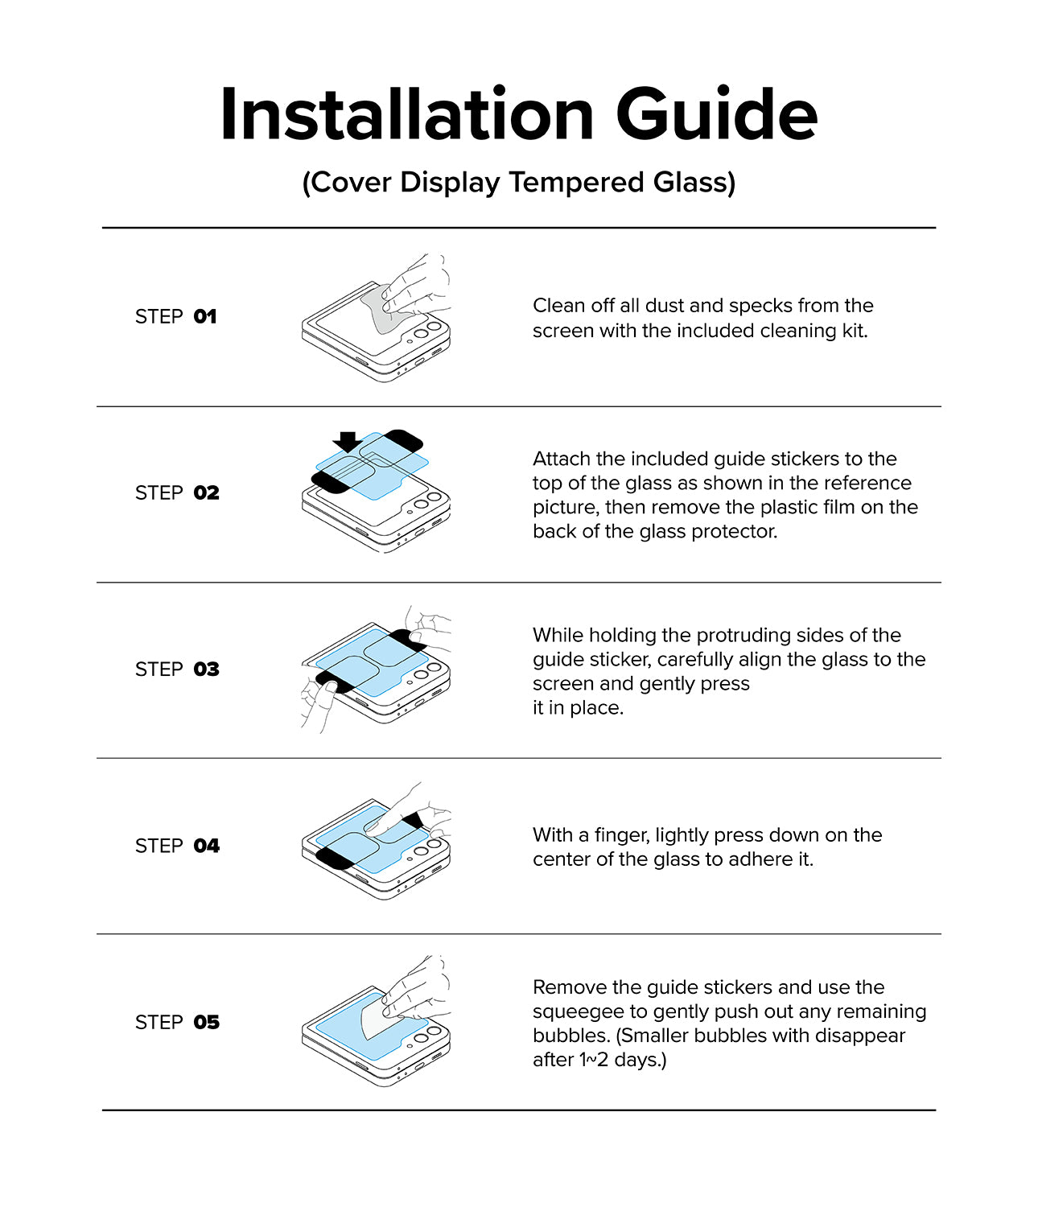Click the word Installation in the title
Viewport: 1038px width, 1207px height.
tap(407, 113)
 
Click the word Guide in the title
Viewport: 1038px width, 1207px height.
tap(717, 113)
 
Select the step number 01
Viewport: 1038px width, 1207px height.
tap(205, 316)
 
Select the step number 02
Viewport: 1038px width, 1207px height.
tap(207, 492)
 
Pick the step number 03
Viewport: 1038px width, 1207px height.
tap(207, 669)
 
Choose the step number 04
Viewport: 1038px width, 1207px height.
tap(207, 846)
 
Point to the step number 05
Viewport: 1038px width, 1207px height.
tap(207, 1022)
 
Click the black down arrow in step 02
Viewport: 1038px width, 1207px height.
tap(348, 442)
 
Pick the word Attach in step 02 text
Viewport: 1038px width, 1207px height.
tap(561, 459)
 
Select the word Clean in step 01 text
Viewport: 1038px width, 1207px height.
tap(558, 306)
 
